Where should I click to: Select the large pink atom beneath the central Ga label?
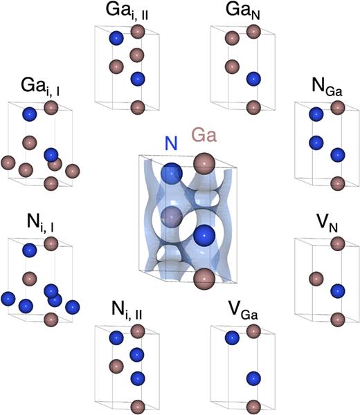[204, 165]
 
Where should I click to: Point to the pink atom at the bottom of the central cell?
[204, 279]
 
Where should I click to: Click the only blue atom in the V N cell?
[337, 290]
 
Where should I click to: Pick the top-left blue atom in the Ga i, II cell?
[117, 38]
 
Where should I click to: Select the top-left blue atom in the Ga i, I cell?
[29, 113]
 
